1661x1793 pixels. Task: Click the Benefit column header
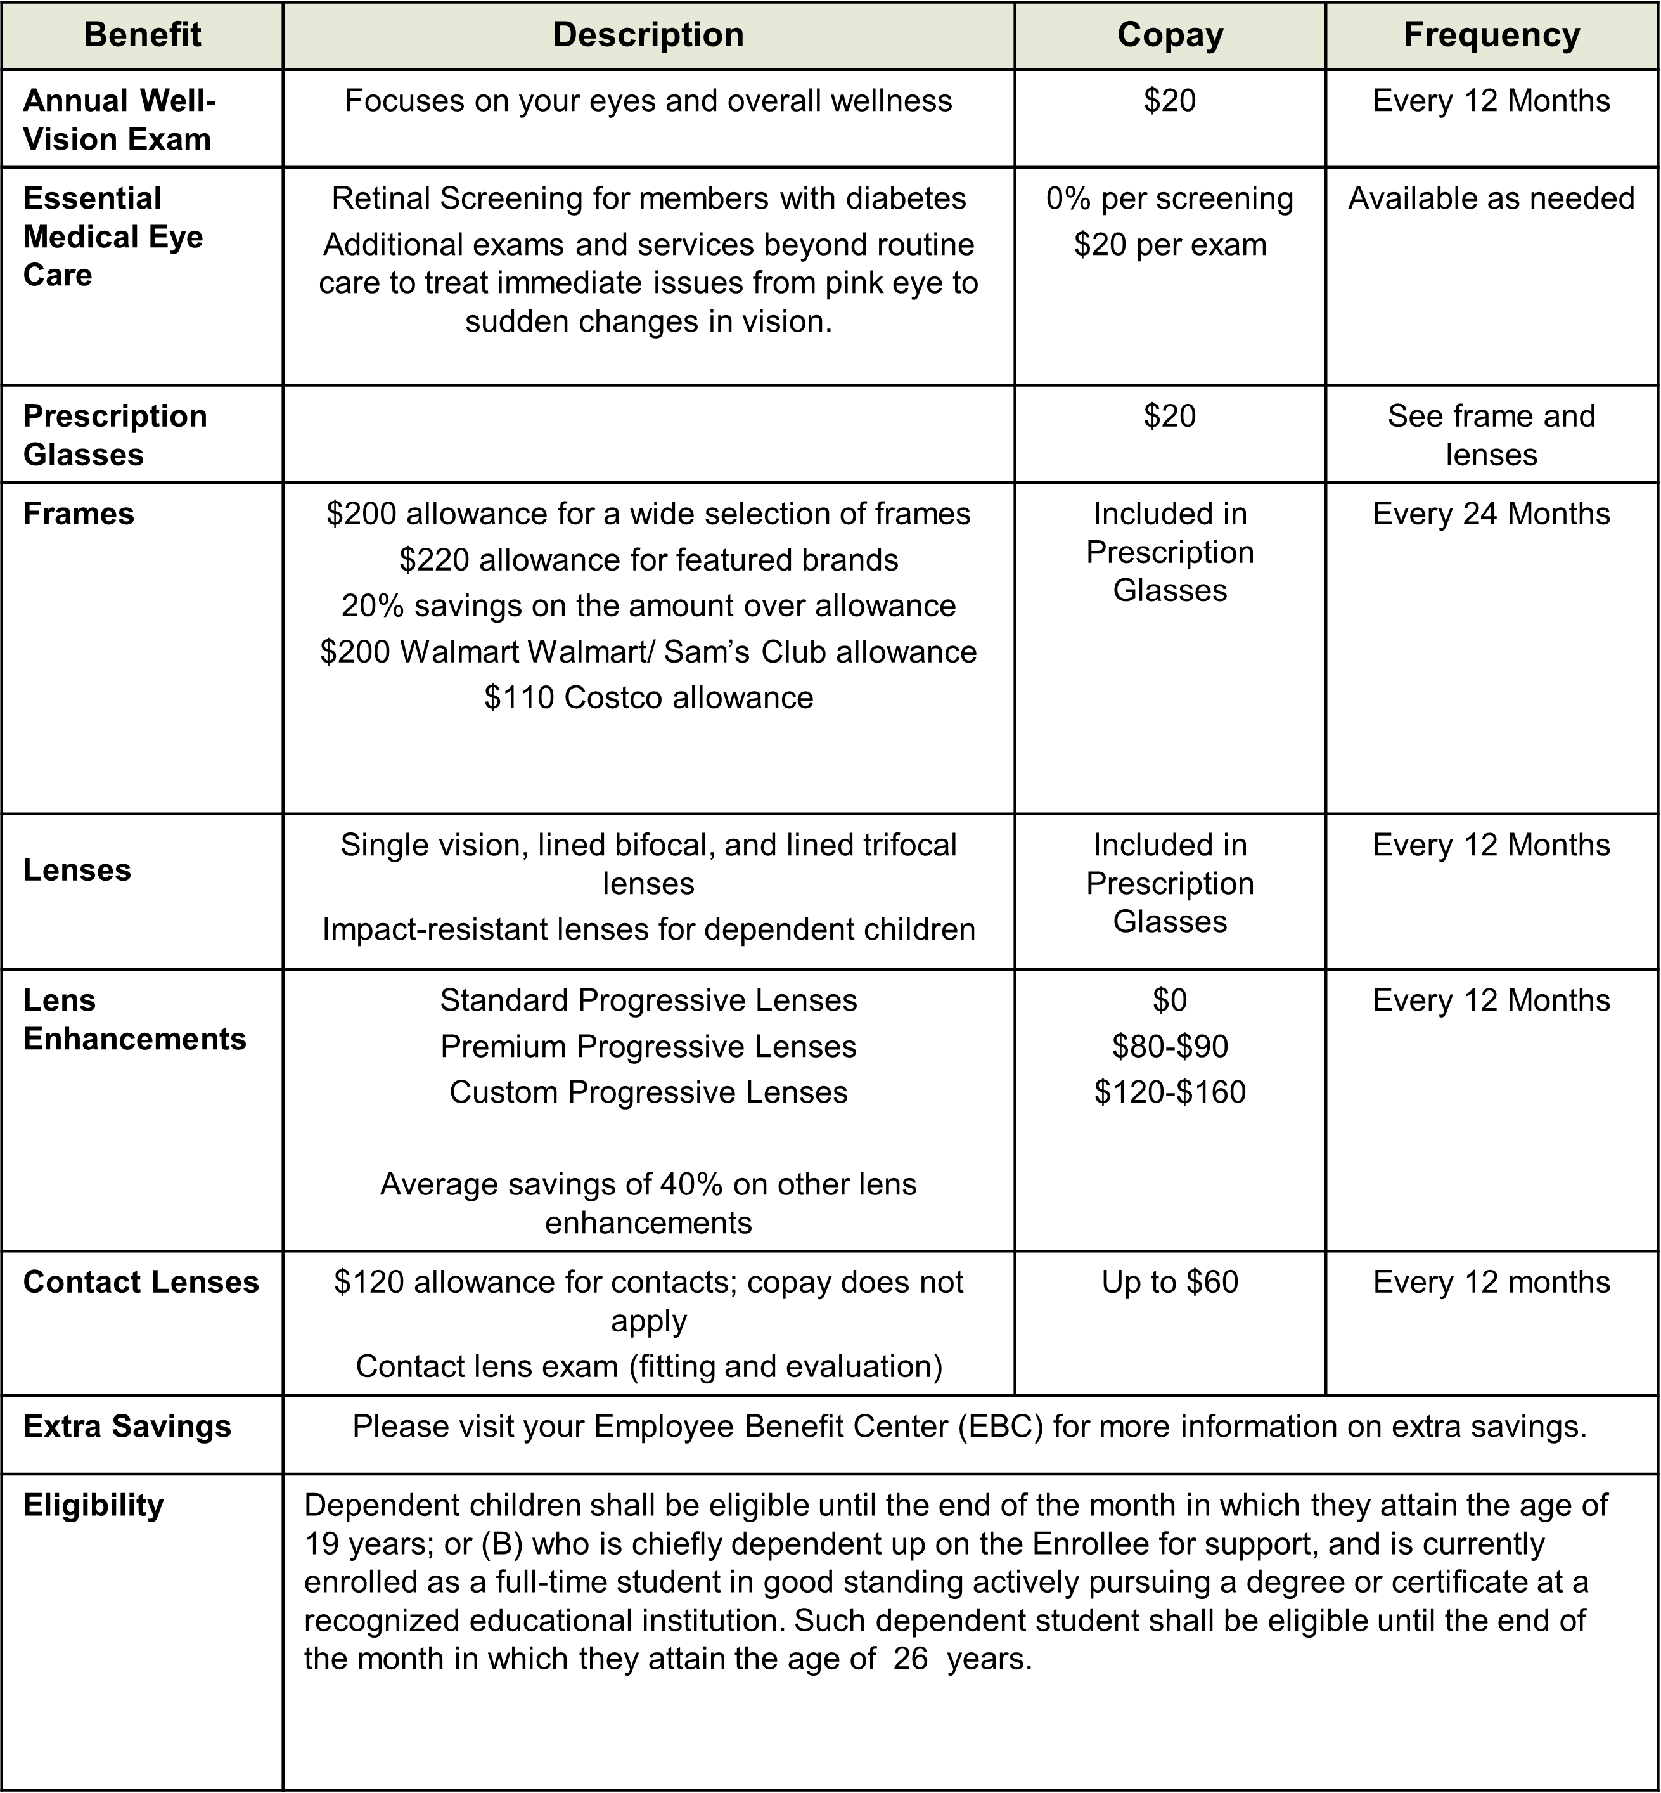[142, 35]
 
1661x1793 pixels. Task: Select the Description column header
[648, 35]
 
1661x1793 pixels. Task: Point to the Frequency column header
[1491, 35]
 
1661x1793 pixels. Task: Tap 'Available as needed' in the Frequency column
[1491, 198]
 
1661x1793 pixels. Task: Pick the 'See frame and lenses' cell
[1491, 435]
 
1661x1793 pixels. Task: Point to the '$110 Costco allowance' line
[648, 698]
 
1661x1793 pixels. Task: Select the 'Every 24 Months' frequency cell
[1491, 514]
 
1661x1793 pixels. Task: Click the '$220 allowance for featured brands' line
[648, 560]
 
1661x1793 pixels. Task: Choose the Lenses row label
[77, 871]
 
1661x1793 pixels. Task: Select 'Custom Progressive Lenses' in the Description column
[648, 1092]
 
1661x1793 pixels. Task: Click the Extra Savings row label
[127, 1427]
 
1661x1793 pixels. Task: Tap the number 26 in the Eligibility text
[909, 1659]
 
